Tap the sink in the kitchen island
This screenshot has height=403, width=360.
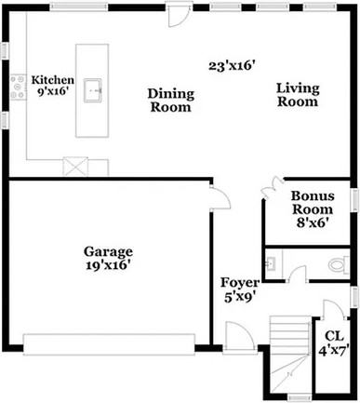[94, 89]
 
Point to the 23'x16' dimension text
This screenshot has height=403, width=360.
[231, 66]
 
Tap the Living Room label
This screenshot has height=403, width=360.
[298, 95]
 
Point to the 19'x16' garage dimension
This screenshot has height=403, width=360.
[109, 265]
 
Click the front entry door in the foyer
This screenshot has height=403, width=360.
[238, 337]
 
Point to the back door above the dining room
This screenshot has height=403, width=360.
[175, 17]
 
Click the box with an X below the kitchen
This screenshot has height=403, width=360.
[74, 168]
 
